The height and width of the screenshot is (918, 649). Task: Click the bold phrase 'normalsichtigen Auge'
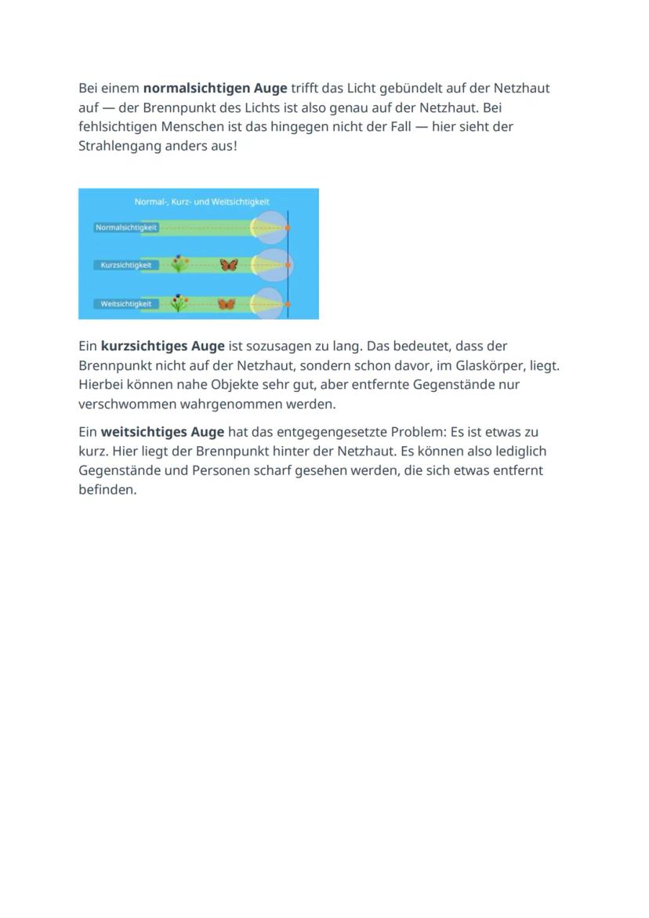215,88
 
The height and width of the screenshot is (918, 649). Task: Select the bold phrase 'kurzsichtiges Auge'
162,346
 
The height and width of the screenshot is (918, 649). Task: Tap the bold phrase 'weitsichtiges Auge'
162,432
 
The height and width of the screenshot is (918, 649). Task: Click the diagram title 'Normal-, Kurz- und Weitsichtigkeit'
201,201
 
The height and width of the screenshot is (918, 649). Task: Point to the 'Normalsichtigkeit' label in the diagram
125,227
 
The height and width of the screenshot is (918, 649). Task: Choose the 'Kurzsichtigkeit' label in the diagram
125,265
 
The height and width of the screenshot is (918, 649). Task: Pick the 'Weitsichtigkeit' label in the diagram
125,303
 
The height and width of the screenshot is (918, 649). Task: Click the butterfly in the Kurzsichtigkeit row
229,265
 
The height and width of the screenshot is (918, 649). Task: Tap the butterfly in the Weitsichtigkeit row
227,303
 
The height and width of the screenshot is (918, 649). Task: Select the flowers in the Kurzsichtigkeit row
179,264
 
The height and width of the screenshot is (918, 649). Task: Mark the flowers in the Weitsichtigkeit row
179,302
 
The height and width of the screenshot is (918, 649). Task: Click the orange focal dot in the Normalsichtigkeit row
288,227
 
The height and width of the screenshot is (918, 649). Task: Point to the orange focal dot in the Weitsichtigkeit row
288,303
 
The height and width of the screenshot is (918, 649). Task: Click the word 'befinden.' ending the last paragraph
107,490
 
